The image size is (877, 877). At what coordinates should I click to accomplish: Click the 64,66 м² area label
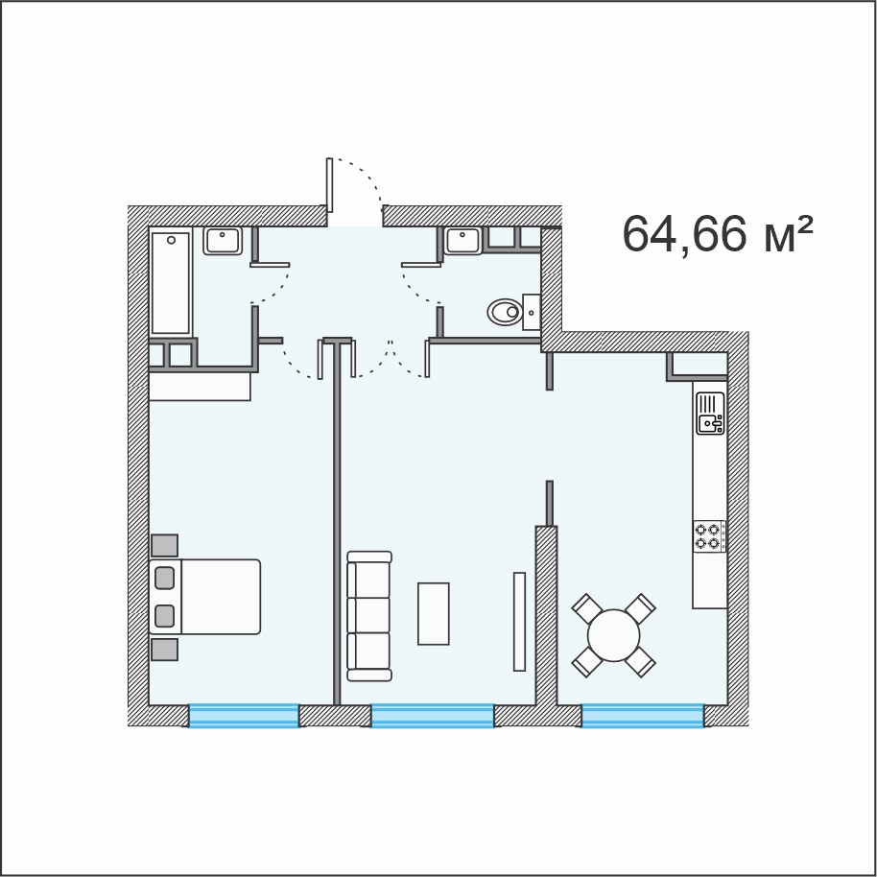(x=718, y=235)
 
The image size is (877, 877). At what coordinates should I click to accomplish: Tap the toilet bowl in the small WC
(x=505, y=312)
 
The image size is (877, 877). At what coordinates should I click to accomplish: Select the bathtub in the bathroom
(x=171, y=282)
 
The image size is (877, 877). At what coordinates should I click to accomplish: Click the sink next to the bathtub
(x=223, y=241)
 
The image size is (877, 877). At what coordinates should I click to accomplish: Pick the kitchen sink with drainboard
(x=710, y=413)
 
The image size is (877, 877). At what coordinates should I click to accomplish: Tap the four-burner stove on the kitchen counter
(x=710, y=535)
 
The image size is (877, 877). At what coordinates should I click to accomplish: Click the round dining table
(x=613, y=635)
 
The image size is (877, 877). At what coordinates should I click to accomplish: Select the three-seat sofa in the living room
(x=369, y=616)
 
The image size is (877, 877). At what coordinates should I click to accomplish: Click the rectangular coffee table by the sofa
(x=434, y=613)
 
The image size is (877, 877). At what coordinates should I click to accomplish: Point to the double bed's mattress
(x=221, y=597)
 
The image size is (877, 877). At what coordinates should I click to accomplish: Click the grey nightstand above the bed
(x=164, y=545)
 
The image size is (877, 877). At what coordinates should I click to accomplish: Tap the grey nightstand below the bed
(x=164, y=650)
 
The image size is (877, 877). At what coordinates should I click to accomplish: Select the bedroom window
(x=244, y=716)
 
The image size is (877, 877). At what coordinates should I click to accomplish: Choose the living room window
(x=433, y=716)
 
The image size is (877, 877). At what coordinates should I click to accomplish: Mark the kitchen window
(x=642, y=716)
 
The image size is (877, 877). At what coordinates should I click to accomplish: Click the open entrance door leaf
(x=329, y=185)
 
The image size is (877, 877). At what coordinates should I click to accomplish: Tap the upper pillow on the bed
(x=164, y=578)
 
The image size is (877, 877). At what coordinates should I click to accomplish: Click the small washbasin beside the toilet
(x=532, y=312)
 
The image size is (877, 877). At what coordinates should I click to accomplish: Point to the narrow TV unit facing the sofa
(x=520, y=622)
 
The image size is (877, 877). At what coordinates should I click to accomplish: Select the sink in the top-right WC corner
(x=463, y=241)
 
